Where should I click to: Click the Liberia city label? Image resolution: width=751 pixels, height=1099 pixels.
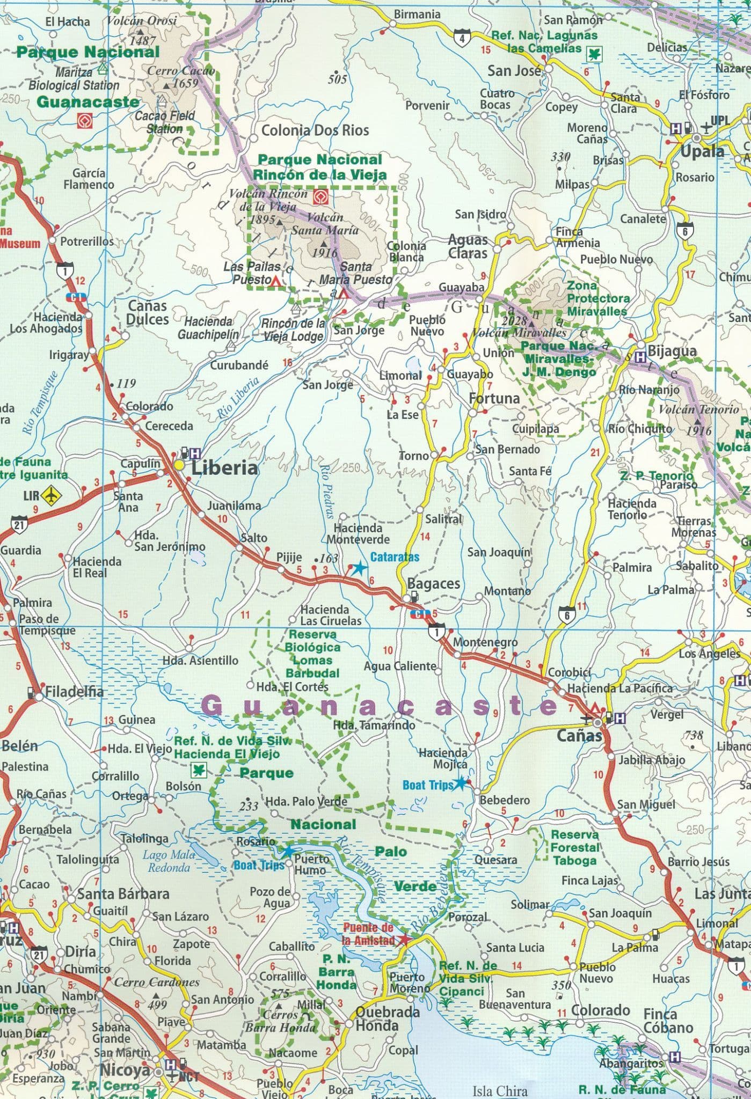(x=224, y=468)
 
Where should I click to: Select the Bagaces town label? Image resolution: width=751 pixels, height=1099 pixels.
(x=433, y=583)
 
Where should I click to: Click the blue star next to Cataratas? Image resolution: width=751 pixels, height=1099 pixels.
(x=358, y=568)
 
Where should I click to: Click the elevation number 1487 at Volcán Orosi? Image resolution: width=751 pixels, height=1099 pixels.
(x=143, y=40)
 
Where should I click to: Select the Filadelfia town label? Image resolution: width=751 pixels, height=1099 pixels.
(x=74, y=691)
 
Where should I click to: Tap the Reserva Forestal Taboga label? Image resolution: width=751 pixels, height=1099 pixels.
(x=574, y=848)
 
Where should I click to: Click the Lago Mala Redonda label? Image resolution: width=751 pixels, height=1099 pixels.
(x=169, y=861)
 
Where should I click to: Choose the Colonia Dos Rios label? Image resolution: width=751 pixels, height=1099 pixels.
(x=315, y=130)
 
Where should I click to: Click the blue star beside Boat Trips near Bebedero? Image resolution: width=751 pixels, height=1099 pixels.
(x=460, y=784)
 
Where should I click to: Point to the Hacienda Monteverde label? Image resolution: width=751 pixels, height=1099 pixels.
(x=358, y=534)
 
